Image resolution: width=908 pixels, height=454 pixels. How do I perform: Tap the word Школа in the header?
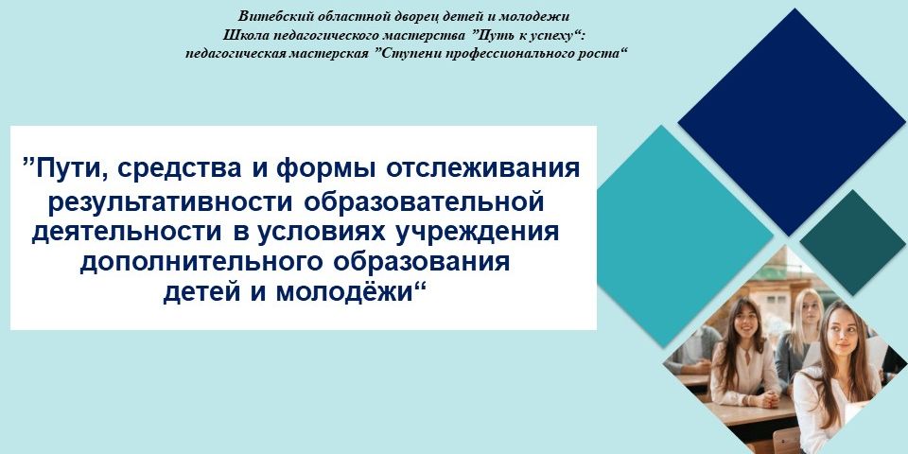pos(239,35)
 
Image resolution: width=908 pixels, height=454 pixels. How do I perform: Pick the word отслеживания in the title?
pos(481,169)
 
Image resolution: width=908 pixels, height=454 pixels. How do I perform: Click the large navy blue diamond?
pos(792,122)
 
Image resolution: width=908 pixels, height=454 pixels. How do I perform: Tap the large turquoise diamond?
pos(686,236)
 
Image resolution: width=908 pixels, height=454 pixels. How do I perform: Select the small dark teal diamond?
pos(852,243)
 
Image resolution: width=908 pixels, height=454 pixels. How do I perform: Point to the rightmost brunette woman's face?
pos(842,335)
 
